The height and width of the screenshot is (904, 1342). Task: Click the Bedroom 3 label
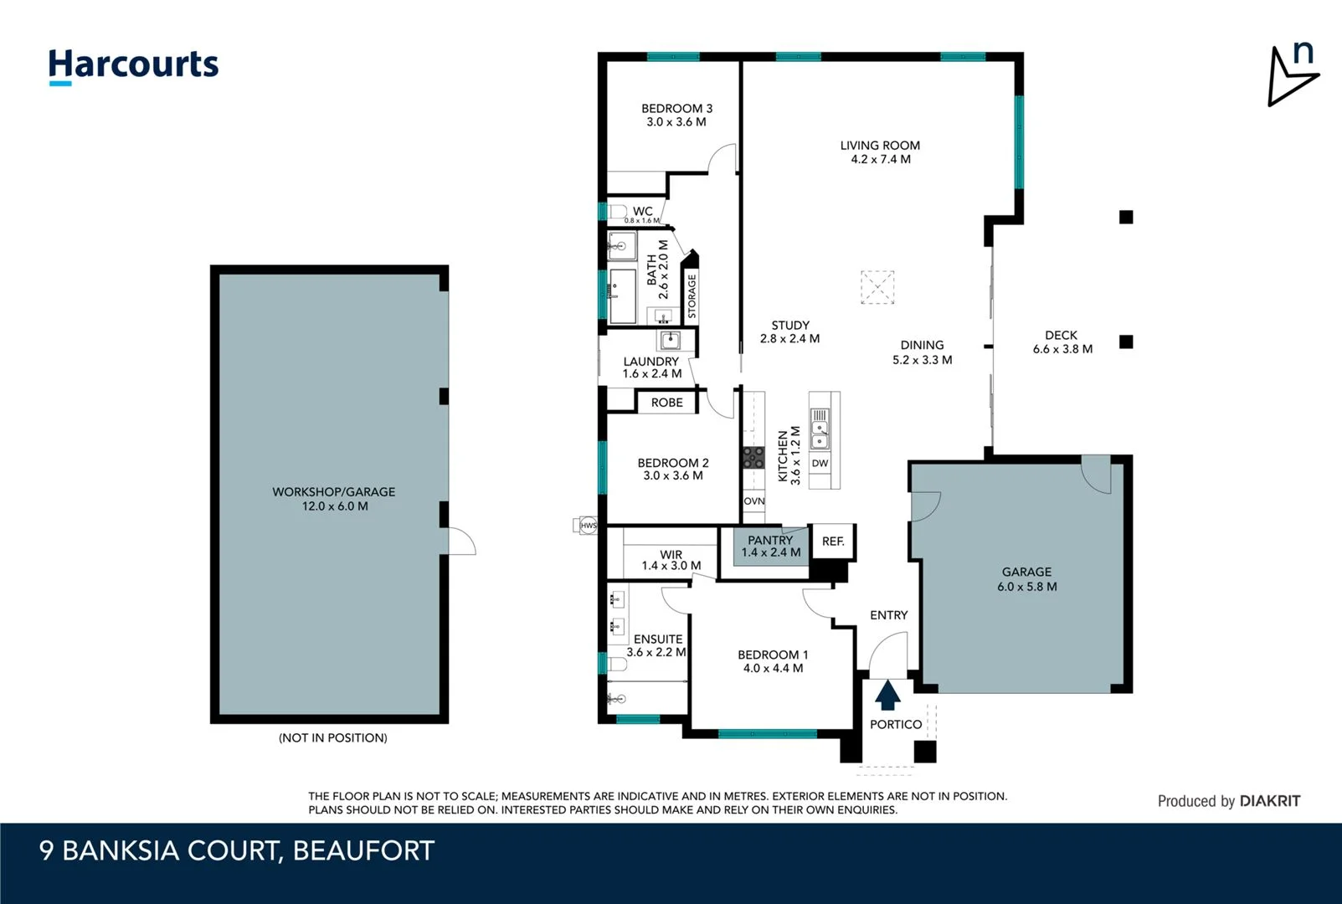coord(676,109)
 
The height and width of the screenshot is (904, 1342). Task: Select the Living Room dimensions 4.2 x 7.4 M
coord(880,159)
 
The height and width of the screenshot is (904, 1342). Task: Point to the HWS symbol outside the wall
coord(589,526)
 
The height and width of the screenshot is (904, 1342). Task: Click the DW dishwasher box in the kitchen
coord(820,463)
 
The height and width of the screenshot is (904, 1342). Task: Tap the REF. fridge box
coord(833,542)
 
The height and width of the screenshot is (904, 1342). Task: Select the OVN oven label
coord(753,501)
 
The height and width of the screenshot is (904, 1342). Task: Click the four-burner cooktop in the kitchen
coord(753,457)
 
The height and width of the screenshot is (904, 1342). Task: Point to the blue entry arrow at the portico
coord(887,695)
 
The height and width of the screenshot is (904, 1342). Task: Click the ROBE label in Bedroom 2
coord(666,403)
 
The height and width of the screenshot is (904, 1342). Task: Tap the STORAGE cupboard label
coord(692,296)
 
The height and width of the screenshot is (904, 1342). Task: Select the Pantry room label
coord(770,541)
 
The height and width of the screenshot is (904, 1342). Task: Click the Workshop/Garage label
coord(333,492)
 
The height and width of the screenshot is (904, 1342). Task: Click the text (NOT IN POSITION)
coord(332,737)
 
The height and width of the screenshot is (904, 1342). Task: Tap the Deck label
coord(1061,335)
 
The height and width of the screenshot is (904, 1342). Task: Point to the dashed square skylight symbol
coord(877,287)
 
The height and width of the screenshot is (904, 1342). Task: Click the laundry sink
coord(670,340)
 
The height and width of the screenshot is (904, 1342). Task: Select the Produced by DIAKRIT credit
coord(1228,801)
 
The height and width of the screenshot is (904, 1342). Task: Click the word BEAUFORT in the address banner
coord(363,850)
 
